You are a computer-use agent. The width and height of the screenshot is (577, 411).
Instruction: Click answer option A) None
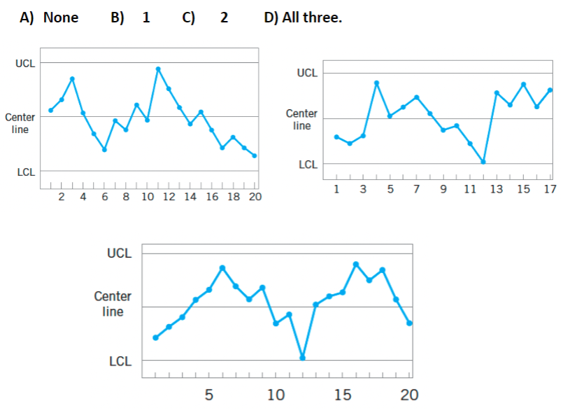coord(49,18)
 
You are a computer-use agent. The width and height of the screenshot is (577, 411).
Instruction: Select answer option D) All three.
coord(303,18)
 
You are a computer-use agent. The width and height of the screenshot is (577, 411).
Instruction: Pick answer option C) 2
coord(206,18)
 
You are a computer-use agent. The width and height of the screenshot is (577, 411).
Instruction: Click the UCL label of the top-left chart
coord(25,63)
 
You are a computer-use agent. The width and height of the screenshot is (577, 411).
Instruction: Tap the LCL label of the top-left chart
coord(25,172)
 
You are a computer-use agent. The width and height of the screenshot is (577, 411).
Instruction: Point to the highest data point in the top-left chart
coord(158,69)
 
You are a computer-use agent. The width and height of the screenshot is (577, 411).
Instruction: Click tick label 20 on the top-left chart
coord(255,197)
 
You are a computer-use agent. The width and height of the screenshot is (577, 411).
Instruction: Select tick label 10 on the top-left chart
coord(148,197)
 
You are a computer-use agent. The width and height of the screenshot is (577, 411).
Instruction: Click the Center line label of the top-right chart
coord(301,120)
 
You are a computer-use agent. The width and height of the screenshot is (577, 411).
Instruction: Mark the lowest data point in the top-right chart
coord(483,162)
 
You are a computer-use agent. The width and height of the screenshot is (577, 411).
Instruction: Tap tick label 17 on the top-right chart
coord(549,190)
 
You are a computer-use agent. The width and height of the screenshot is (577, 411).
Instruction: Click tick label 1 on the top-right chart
coord(336,190)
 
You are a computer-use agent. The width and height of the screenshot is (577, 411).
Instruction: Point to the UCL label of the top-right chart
coord(307,73)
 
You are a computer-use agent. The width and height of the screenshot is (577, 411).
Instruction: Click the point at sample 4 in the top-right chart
coord(377,83)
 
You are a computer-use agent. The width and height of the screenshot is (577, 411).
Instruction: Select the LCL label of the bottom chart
coord(120,362)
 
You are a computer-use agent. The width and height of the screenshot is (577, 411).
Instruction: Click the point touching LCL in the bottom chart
coord(303,358)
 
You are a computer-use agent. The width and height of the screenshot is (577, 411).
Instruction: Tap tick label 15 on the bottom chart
coord(343,395)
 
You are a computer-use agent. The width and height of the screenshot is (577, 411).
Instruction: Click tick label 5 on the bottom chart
coord(209,395)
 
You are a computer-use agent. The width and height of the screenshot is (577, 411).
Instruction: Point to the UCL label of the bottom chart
coord(119,253)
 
